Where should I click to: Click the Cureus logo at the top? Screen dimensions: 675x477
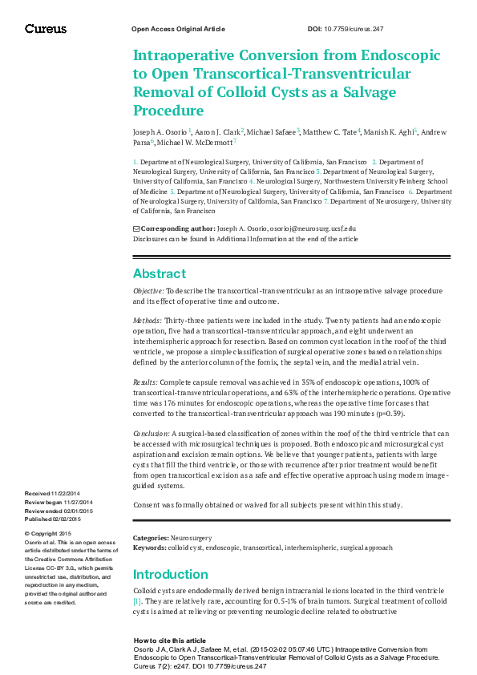46,29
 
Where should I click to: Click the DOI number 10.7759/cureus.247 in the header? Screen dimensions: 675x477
357,29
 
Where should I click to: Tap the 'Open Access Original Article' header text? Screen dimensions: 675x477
177,29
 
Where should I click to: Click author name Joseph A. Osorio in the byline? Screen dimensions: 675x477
159,131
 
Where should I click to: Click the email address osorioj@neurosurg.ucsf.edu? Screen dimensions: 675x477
308,228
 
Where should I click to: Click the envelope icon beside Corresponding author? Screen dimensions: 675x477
136,228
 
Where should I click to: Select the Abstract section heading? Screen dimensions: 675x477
159,273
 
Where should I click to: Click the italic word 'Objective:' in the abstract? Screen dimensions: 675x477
148,291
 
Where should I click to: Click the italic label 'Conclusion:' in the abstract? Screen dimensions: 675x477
152,434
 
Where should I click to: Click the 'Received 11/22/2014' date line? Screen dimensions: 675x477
53,492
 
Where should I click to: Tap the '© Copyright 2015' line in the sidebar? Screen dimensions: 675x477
49,534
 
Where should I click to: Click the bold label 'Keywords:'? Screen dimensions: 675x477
150,548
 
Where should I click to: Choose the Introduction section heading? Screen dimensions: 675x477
170,574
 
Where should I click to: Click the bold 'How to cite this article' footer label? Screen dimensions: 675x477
170,641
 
